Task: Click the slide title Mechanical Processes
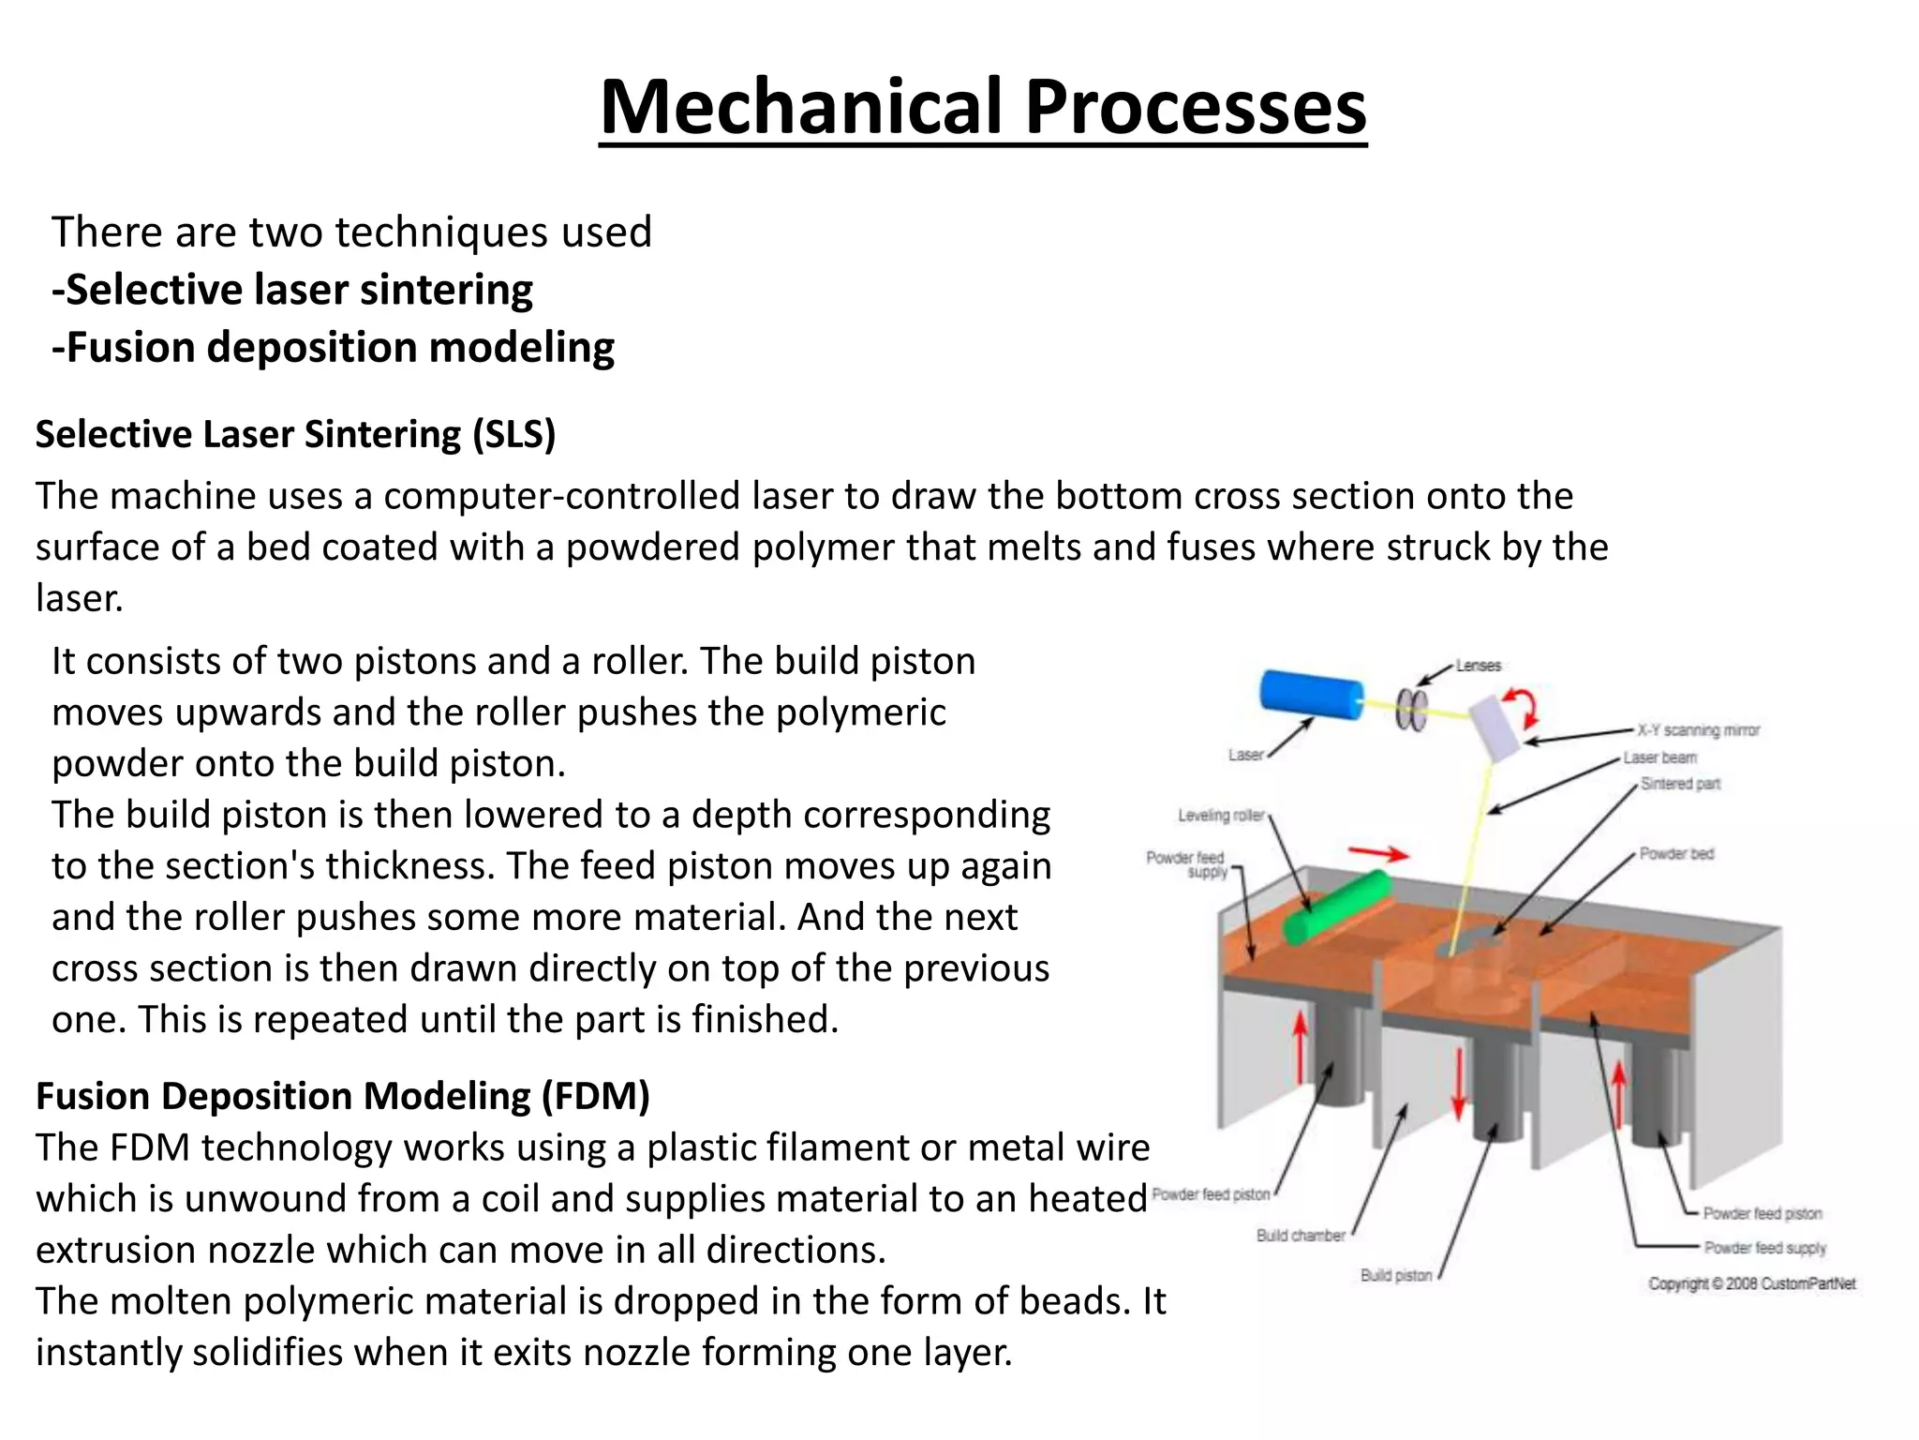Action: tap(983, 107)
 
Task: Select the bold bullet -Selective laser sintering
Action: tap(292, 290)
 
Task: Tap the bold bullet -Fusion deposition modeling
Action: tap(334, 348)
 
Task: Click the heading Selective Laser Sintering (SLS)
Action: tap(296, 434)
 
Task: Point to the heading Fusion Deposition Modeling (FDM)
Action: tap(343, 1096)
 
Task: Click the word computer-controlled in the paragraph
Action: tap(561, 496)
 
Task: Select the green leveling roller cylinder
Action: tap(1337, 906)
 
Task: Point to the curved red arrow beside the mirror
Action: tap(1524, 707)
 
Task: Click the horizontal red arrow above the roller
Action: tap(1377, 853)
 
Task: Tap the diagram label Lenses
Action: tap(1479, 666)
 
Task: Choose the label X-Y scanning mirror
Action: tap(1698, 730)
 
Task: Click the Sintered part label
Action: tap(1680, 784)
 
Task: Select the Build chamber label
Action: tap(1301, 1236)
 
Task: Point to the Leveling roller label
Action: tap(1221, 816)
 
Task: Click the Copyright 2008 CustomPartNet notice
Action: tap(1751, 1284)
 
